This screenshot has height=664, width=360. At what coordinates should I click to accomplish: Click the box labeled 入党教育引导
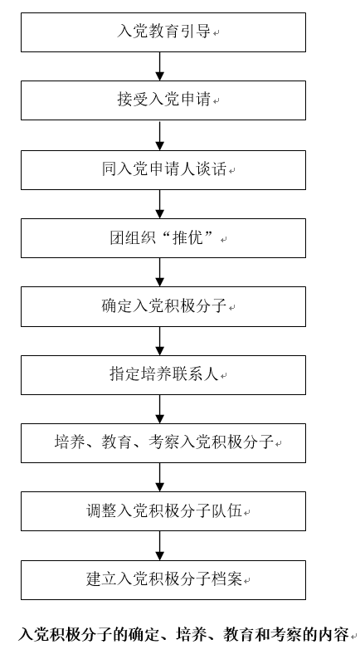click(x=163, y=32)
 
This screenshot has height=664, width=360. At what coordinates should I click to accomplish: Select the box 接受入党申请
click(x=163, y=100)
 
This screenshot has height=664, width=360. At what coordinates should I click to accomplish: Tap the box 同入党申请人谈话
click(x=163, y=170)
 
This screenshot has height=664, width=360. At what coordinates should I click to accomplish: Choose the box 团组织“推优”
click(x=163, y=238)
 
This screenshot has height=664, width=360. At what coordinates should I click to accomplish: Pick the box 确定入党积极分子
click(x=163, y=306)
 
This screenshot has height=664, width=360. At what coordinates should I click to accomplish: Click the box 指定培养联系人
click(x=163, y=375)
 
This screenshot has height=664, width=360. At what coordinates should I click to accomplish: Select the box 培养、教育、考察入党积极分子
click(x=163, y=443)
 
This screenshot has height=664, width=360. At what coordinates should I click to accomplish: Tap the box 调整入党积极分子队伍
click(x=163, y=511)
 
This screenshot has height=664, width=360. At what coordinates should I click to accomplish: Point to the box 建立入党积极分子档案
click(x=163, y=579)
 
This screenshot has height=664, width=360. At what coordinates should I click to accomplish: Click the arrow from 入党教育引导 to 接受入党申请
click(x=159, y=66)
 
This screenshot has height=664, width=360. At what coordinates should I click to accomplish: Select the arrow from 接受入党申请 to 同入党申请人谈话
click(x=159, y=135)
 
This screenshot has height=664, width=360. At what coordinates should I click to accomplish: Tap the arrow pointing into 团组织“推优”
click(x=159, y=204)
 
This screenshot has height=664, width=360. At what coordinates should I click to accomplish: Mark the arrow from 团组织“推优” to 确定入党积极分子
click(x=159, y=272)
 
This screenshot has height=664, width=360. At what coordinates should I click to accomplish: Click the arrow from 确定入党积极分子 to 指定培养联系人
click(x=159, y=341)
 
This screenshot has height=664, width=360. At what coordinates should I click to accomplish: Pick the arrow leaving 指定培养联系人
click(x=159, y=409)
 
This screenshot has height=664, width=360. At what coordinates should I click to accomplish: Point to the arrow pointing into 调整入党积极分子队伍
click(x=159, y=477)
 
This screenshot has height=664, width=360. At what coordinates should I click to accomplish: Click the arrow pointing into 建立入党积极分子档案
click(x=159, y=545)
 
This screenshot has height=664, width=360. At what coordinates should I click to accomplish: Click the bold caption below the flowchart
click(x=183, y=634)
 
